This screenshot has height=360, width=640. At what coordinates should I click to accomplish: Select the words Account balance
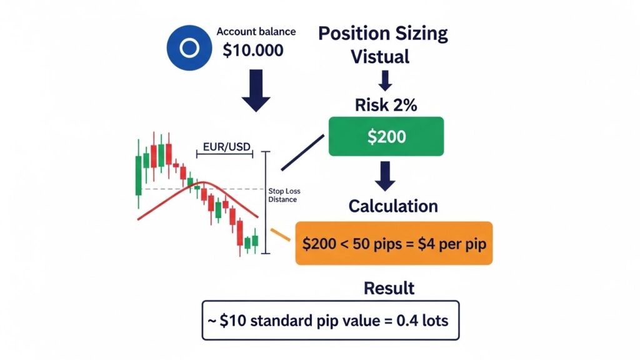[x=256, y=31]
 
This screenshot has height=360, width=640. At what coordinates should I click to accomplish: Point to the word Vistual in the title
[x=380, y=57]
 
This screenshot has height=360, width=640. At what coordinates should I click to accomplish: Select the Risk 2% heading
[x=386, y=105]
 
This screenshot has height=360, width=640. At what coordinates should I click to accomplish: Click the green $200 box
[x=386, y=137]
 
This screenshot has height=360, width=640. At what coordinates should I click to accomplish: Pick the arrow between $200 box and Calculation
[x=385, y=176]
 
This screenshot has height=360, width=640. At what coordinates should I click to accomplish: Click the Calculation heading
[x=393, y=206]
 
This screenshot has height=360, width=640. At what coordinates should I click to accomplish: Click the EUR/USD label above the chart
[x=226, y=147]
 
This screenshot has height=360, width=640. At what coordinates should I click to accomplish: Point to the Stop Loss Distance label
[x=282, y=195]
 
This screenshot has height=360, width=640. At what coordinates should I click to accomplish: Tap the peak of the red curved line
[x=204, y=182]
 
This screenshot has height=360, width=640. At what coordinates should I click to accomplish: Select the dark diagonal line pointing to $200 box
[x=303, y=152]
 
